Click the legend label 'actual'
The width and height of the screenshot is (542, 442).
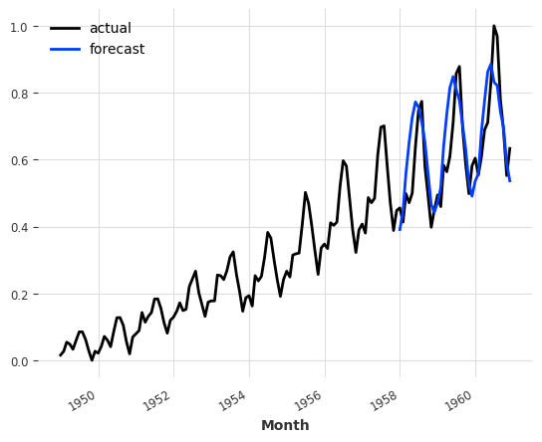click(x=110, y=28)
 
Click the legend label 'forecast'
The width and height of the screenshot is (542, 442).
click(x=117, y=49)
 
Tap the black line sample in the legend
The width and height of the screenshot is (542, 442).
click(x=65, y=28)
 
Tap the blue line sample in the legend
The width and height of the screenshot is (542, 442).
click(x=65, y=49)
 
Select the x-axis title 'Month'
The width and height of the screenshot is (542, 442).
click(x=285, y=425)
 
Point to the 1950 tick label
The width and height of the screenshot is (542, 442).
click(x=84, y=396)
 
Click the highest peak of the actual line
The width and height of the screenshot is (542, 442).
click(x=493, y=26)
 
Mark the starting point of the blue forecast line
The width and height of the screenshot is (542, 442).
click(x=400, y=230)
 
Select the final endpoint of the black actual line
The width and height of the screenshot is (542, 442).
click(x=510, y=148)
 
